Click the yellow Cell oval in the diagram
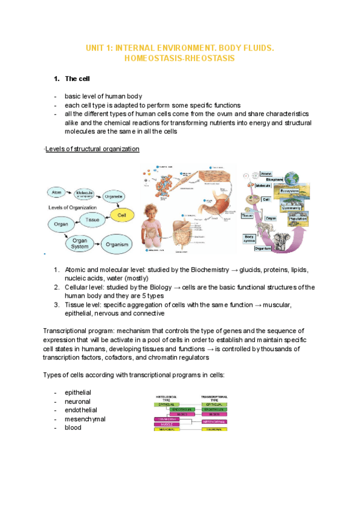pos(122,214)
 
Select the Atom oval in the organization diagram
pos(57,192)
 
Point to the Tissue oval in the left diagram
pos(92,220)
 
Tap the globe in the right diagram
pos(292,178)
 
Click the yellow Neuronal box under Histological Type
pos(167,429)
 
